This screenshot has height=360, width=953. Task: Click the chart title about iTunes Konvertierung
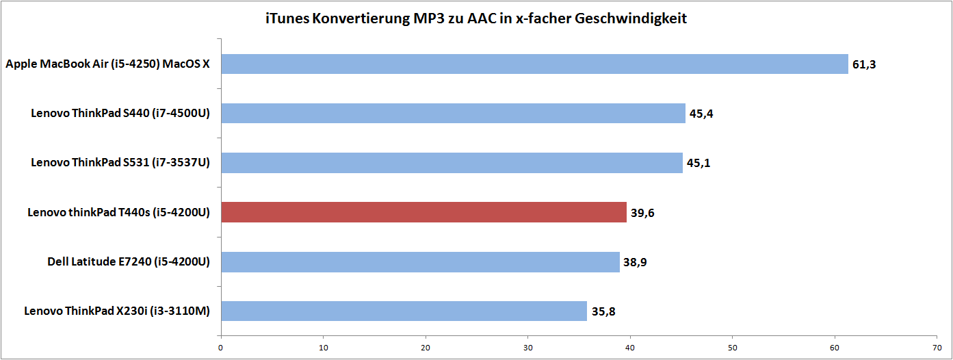476,18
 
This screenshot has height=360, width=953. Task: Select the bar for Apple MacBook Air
534,64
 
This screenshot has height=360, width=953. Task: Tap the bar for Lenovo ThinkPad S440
453,114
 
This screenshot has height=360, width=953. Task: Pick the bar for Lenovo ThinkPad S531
452,163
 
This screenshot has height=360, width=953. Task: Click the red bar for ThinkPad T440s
423,212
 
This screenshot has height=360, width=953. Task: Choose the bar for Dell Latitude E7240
420,261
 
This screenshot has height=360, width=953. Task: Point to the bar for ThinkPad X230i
404,311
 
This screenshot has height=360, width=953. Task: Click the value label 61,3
864,65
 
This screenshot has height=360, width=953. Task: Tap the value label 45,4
701,114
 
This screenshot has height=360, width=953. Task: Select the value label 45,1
699,164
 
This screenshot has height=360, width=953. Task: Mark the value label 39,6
642,213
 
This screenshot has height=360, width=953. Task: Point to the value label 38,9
635,262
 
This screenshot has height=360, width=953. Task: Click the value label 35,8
603,311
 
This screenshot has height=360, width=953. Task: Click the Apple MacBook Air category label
107,64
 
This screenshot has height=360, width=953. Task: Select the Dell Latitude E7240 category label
129,261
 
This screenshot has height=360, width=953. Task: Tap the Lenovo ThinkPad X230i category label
116,311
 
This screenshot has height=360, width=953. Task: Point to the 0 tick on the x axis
221,347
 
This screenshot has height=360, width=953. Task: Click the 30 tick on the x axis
528,347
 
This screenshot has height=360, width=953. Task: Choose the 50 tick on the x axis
733,347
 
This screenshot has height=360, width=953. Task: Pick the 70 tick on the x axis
937,347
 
